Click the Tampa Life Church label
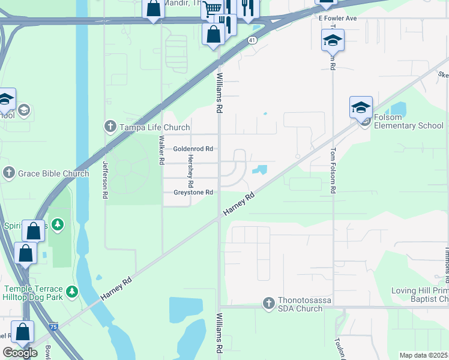155,127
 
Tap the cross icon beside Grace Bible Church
9,173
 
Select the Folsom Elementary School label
408,125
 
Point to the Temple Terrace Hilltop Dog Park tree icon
71,292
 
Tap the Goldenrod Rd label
193,149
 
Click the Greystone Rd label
193,193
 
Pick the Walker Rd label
161,149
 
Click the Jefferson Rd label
106,180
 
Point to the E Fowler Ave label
337,19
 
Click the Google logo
20,353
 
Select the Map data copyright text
423,355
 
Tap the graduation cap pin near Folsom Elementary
361,107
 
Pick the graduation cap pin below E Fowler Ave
332,40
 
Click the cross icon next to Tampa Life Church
110,127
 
